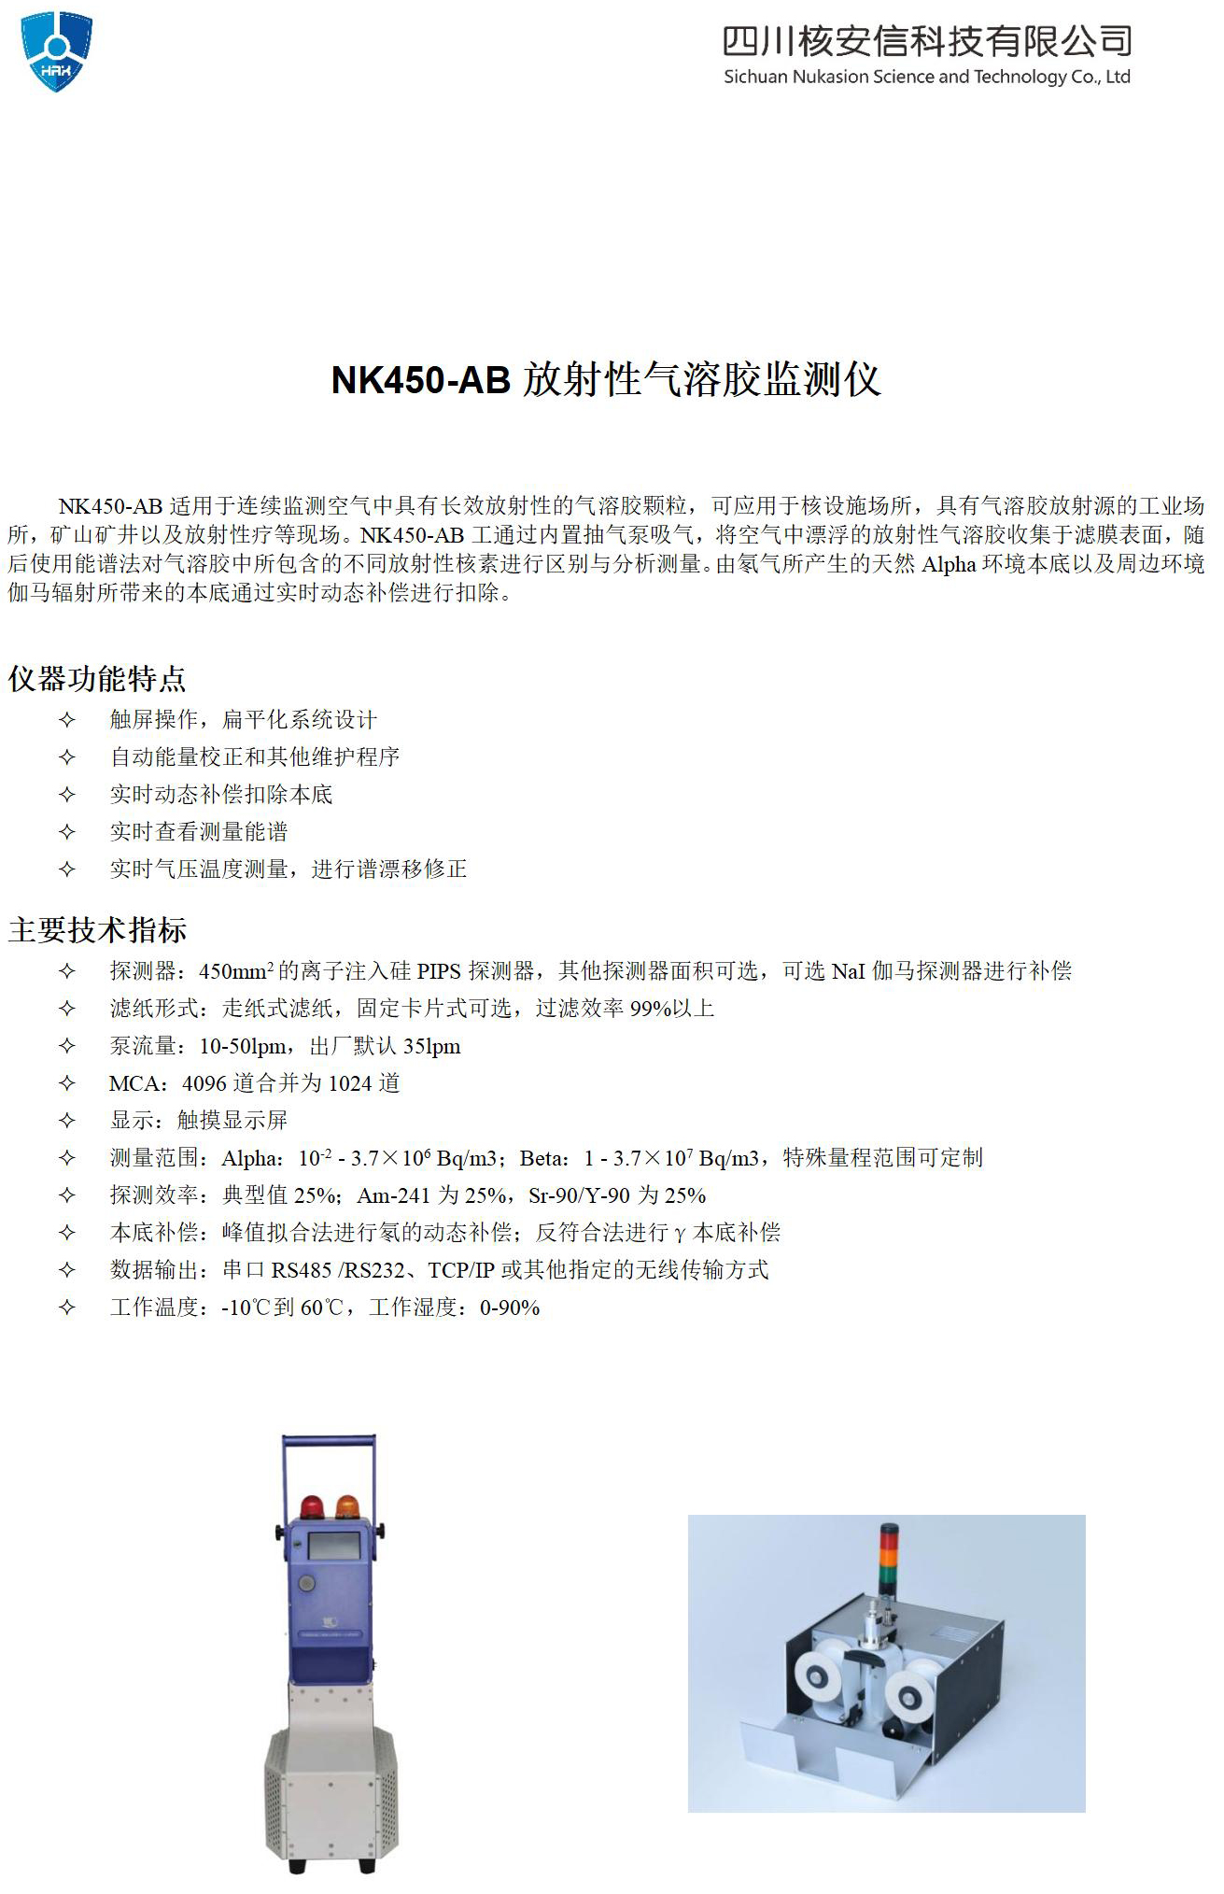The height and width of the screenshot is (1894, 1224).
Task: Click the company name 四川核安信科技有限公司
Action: tap(927, 41)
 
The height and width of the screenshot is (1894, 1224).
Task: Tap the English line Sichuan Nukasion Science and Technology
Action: tap(927, 78)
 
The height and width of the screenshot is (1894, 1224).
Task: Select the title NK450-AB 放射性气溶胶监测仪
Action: tap(606, 380)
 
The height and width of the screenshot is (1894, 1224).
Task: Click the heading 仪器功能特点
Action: tap(97, 679)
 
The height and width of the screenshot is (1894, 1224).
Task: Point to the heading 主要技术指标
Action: tap(97, 930)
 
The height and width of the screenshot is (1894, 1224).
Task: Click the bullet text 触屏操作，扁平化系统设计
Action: tap(244, 719)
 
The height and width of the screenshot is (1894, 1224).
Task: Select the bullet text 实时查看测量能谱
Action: tap(199, 831)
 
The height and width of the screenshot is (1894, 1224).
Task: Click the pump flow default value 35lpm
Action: tap(432, 1046)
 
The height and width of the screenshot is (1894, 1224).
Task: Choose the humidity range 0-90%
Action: tap(510, 1307)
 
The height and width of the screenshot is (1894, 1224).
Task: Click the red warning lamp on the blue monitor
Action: tap(311, 1505)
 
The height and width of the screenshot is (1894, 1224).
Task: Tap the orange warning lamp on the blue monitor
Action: tap(347, 1505)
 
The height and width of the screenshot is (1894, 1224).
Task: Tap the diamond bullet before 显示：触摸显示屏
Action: tap(66, 1121)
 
